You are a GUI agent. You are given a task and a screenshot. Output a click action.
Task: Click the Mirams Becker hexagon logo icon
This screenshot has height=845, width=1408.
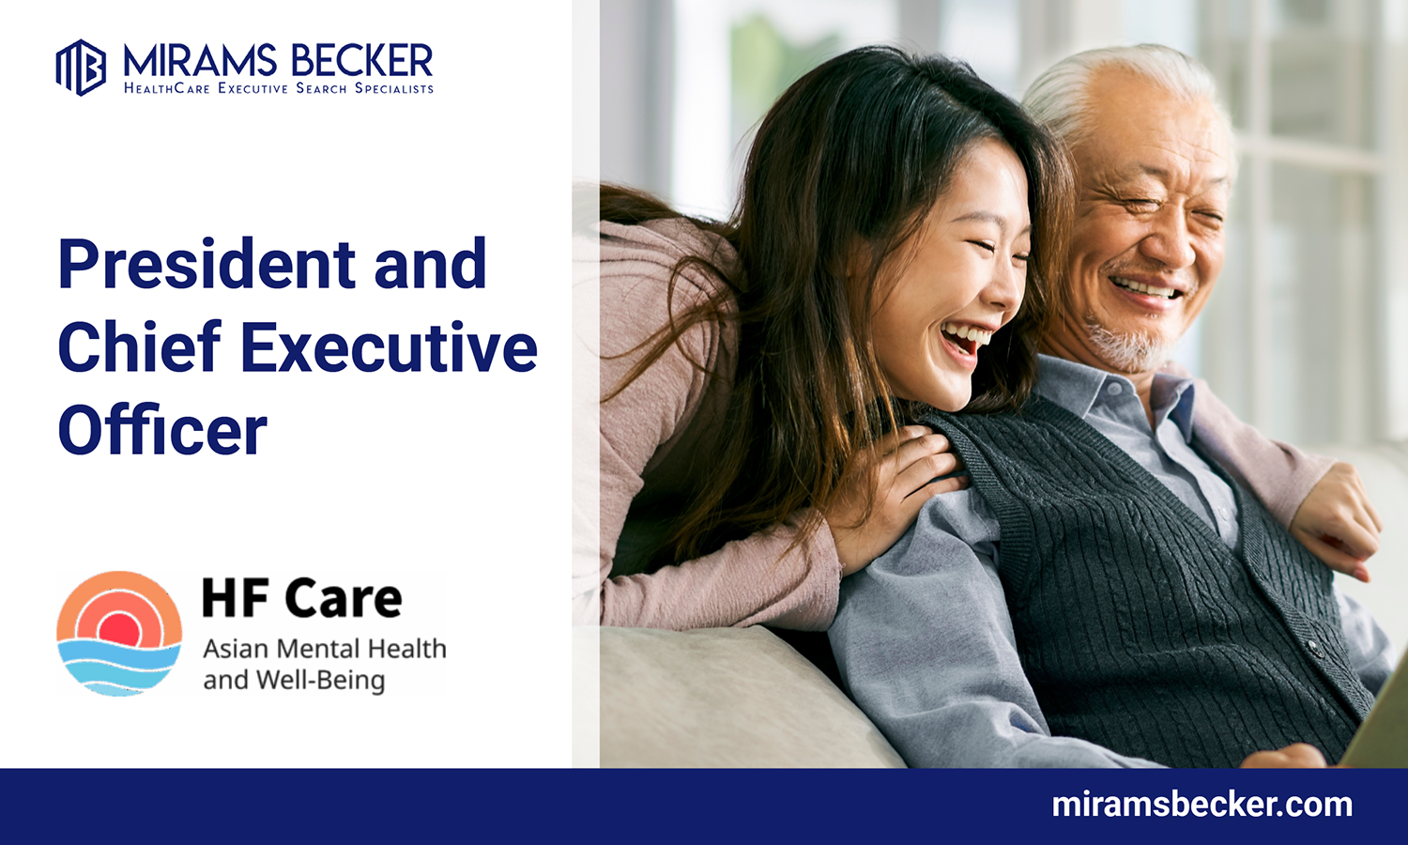pyautogui.click(x=81, y=68)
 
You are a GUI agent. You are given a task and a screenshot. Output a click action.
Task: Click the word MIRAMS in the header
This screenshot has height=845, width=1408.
pyautogui.click(x=200, y=61)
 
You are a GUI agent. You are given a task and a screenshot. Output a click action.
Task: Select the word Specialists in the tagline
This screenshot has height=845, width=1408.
pyautogui.click(x=394, y=88)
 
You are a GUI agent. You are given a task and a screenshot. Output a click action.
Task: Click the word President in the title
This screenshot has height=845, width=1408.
pyautogui.click(x=207, y=264)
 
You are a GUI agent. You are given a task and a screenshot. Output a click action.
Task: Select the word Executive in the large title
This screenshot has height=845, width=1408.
pyautogui.click(x=390, y=346)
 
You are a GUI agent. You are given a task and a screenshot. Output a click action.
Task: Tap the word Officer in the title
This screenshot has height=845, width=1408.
pyautogui.click(x=162, y=430)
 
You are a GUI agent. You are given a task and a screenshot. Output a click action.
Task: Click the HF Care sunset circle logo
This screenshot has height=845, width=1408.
pyautogui.click(x=119, y=634)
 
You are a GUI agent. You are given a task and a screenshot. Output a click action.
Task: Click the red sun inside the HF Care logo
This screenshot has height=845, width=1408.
pyautogui.click(x=119, y=629)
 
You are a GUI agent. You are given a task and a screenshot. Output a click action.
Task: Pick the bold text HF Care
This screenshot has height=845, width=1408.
pyautogui.click(x=301, y=598)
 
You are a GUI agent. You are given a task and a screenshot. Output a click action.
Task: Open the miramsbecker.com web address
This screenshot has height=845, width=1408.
pyautogui.click(x=1201, y=805)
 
